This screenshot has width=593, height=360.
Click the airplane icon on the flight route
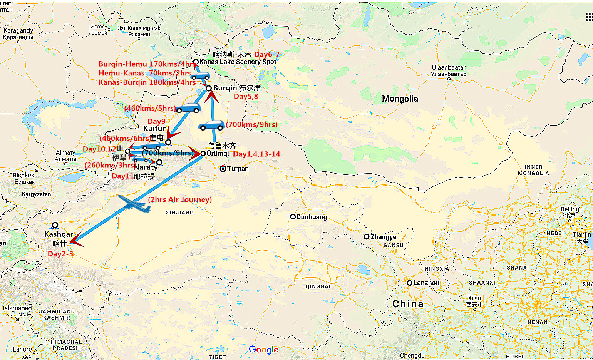point(134,204)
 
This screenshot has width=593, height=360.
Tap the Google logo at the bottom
point(263,350)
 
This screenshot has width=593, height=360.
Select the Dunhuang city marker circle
point(293,217)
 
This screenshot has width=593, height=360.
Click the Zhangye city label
point(383,237)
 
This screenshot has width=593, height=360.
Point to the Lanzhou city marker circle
point(410,283)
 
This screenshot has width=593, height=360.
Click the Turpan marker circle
point(223,169)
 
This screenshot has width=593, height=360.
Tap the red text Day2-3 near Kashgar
point(60,254)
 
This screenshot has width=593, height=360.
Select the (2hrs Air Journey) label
point(180,199)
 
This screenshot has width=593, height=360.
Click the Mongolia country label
point(400,99)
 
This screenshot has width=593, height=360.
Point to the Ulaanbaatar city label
point(449,68)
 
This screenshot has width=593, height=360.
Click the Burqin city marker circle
point(209,89)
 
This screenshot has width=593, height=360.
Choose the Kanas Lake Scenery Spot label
point(238,62)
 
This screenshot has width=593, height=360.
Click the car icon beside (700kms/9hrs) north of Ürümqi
point(211,126)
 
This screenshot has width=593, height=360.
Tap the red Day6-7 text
point(267,54)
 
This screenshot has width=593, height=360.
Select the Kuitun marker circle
point(168,142)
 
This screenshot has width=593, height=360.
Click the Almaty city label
point(65,153)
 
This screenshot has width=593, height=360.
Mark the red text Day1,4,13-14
point(256,154)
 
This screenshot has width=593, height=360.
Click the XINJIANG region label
point(179,213)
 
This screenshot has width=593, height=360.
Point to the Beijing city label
point(570,209)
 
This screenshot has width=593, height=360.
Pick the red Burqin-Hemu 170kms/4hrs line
point(146,64)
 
